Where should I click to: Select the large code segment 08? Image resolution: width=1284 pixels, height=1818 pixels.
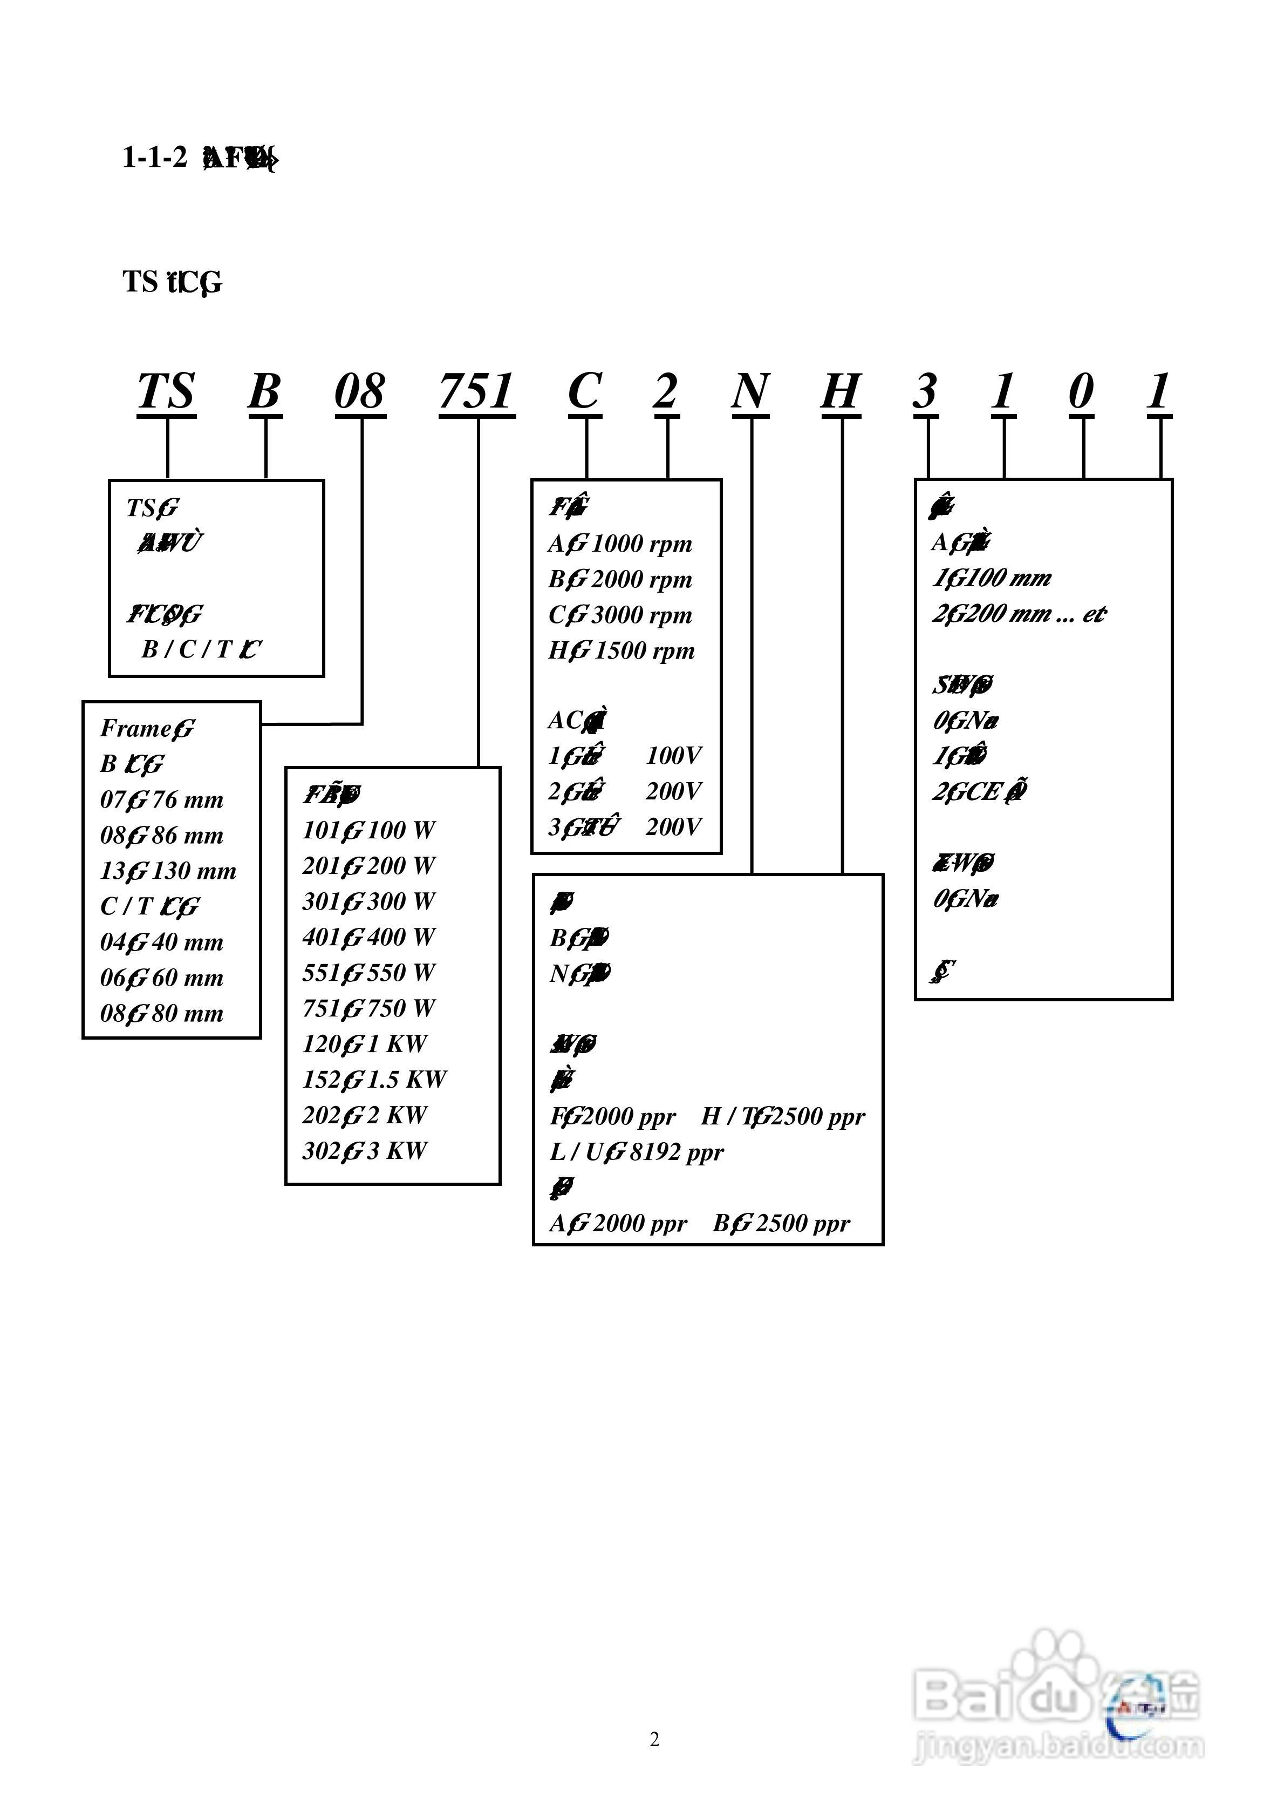[x=360, y=392]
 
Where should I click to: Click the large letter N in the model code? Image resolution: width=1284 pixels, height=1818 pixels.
[x=750, y=392]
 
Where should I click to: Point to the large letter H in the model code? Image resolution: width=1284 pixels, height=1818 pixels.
[x=840, y=392]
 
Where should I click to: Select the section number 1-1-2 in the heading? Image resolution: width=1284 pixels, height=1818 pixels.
[x=154, y=158]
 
